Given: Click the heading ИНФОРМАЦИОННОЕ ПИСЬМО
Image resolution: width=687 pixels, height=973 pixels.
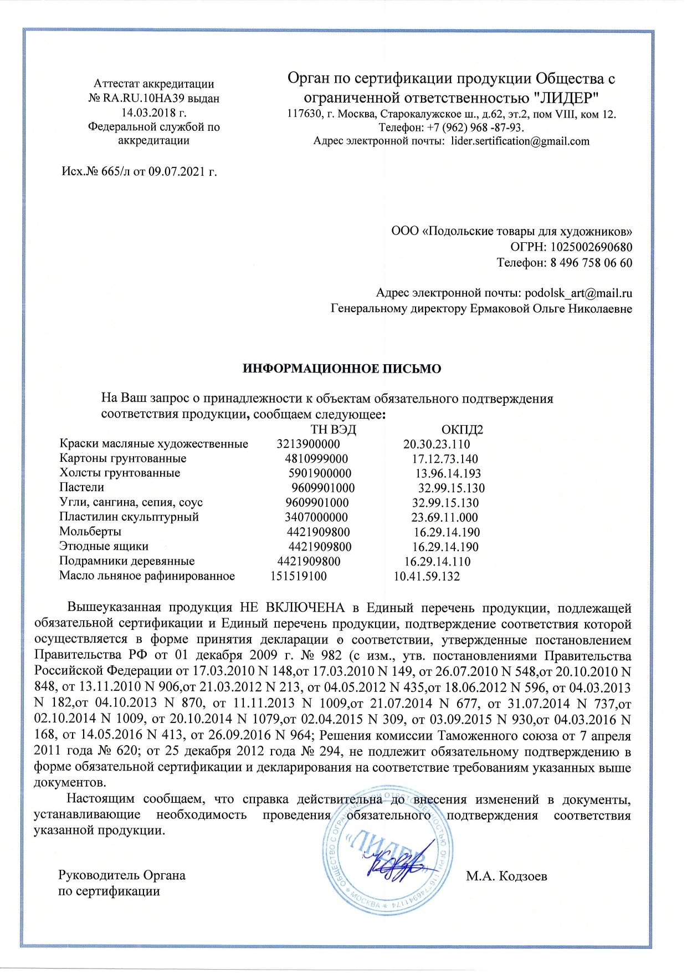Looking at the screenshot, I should click(342, 369).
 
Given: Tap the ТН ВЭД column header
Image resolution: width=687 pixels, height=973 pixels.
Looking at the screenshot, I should click(333, 430).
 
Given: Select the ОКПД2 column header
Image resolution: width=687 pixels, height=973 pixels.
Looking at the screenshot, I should click(462, 430).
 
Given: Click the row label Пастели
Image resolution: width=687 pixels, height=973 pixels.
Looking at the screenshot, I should click(81, 487).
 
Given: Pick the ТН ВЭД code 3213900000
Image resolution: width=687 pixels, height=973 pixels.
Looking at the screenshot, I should click(308, 444).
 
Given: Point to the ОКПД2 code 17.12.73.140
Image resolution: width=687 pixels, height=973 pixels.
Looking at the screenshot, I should click(445, 459).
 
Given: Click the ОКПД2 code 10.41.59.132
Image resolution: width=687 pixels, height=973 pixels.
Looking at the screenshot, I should click(427, 576).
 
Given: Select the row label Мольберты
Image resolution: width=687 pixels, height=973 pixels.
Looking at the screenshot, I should click(90, 532).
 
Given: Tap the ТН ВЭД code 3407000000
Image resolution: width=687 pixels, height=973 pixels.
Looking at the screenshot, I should click(316, 517).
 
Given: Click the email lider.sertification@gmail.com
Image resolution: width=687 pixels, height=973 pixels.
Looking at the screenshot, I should click(520, 141).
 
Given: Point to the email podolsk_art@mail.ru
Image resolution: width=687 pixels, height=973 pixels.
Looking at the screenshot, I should click(578, 293).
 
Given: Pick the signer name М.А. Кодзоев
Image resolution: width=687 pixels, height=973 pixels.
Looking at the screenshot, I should click(506, 876).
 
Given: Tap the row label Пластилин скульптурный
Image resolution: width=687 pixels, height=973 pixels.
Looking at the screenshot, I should click(129, 517).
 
